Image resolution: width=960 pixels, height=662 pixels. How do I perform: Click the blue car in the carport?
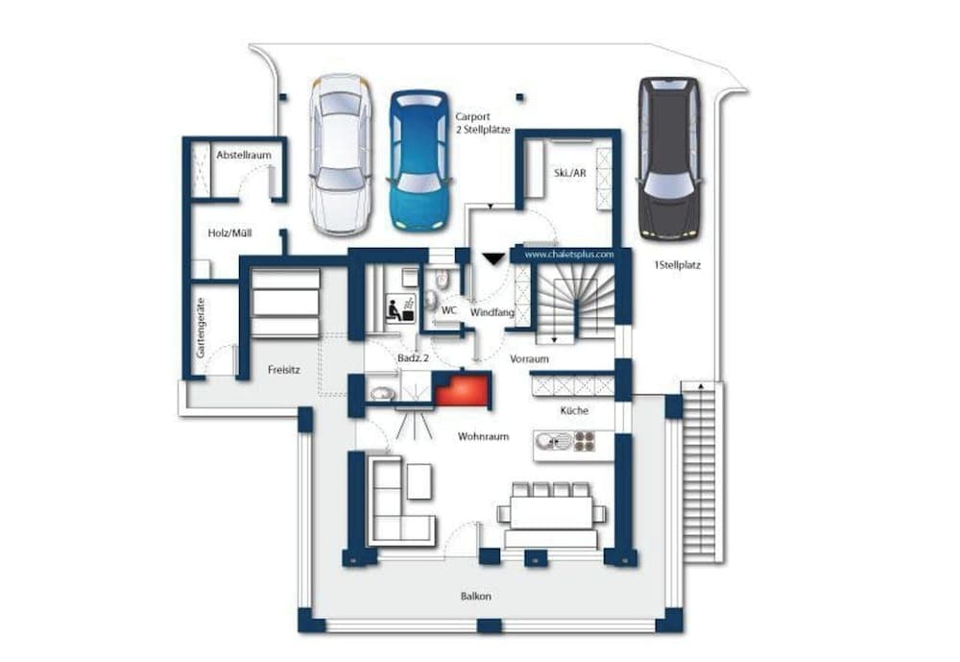(x=420, y=159)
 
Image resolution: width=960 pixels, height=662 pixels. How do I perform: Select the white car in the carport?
(x=341, y=155)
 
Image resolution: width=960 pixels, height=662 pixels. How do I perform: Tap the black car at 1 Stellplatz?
(x=669, y=158)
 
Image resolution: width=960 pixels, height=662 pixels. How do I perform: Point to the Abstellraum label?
(x=243, y=154)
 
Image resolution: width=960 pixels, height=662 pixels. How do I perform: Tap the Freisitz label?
(x=284, y=367)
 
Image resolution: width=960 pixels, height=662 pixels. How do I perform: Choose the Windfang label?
(x=492, y=311)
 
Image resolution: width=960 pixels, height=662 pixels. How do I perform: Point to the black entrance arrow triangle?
(x=493, y=257)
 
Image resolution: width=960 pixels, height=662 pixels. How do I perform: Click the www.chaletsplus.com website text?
(x=569, y=255)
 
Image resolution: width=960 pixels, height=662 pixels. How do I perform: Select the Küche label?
(x=574, y=410)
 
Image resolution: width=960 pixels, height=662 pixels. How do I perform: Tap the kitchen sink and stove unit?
(x=566, y=441)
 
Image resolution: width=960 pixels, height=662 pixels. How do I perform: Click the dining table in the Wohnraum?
(x=551, y=510)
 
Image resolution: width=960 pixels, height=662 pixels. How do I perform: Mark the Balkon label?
(x=475, y=596)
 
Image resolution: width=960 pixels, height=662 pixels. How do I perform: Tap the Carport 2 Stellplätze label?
(x=482, y=122)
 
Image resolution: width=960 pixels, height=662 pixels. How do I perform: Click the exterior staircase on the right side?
(x=704, y=471)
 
